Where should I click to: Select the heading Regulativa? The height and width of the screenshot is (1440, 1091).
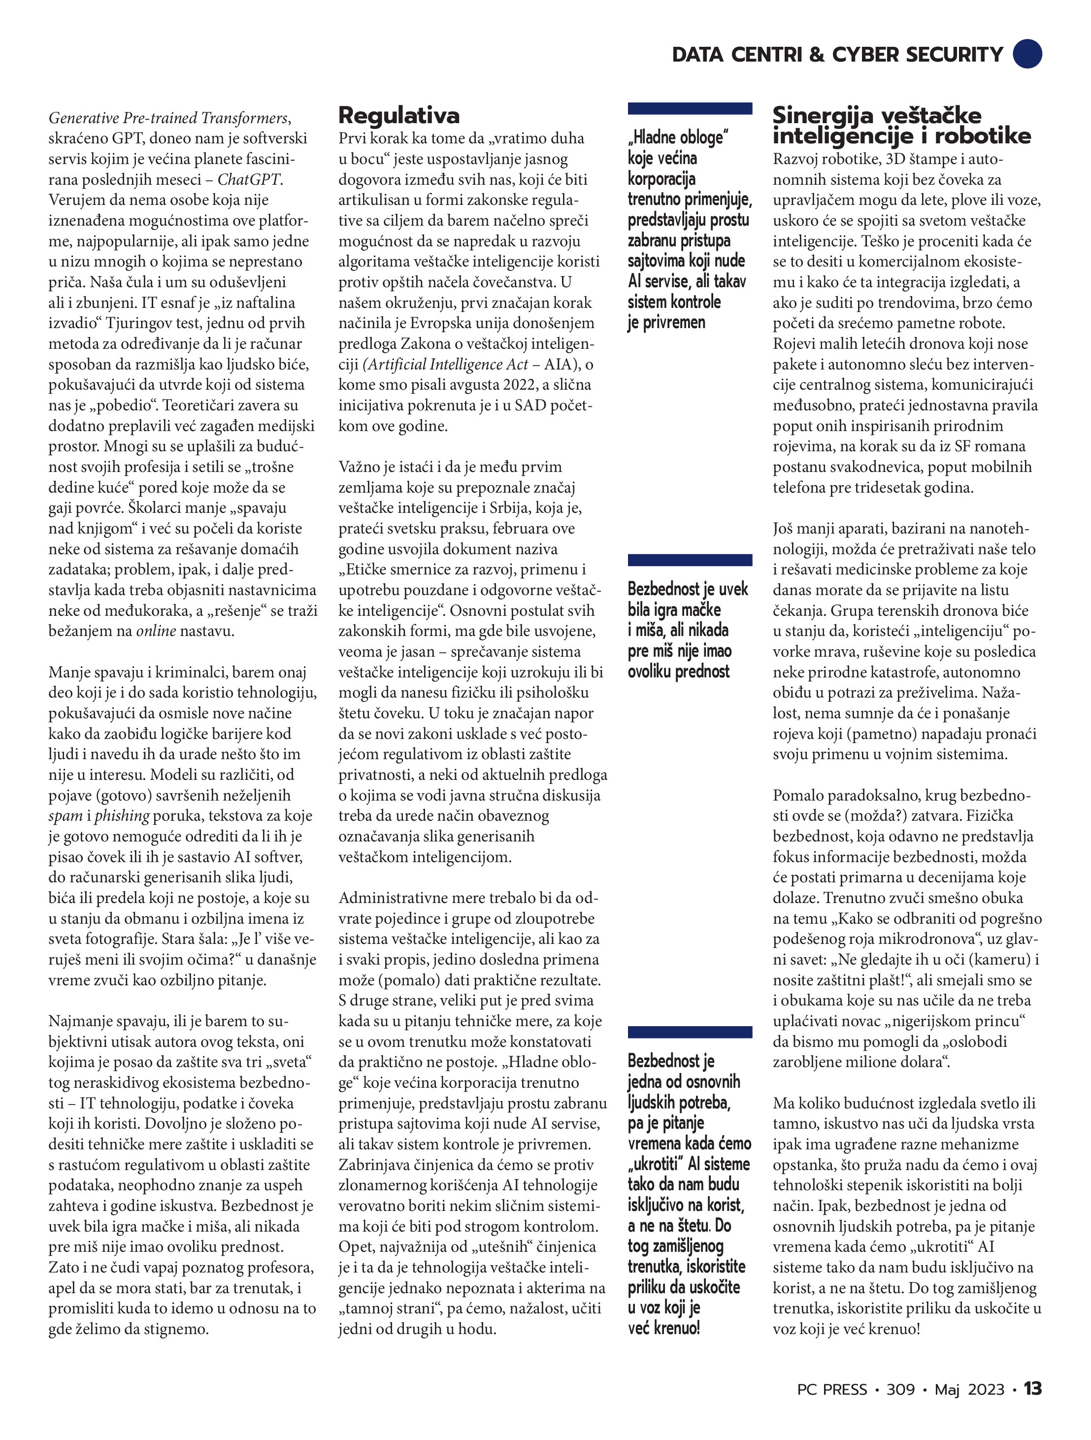pyautogui.click(x=398, y=116)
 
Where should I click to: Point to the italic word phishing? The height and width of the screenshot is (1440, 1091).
pyautogui.click(x=122, y=816)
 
